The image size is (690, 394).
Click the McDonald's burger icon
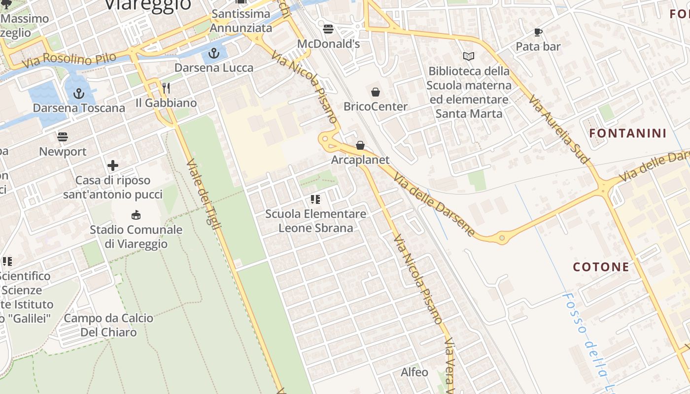(x=328, y=29)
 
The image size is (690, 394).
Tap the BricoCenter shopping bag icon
(x=376, y=92)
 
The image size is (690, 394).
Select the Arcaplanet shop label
(x=360, y=160)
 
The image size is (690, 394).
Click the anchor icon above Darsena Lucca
(x=214, y=53)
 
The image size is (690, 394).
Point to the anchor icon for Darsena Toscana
(x=78, y=93)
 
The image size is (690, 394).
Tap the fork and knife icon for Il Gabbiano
(x=166, y=89)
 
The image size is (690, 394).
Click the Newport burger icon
(x=63, y=136)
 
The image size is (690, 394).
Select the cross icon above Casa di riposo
(x=113, y=165)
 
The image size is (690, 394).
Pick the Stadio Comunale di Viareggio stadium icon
(x=136, y=215)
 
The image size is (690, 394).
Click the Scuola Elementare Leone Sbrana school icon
(x=315, y=199)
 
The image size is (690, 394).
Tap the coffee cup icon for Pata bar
(x=538, y=33)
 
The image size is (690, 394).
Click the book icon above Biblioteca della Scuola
(x=468, y=57)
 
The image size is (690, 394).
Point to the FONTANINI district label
(x=628, y=133)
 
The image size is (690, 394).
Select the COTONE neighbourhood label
(x=601, y=267)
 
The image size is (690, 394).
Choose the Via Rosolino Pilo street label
(x=69, y=60)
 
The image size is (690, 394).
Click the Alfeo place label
(x=414, y=372)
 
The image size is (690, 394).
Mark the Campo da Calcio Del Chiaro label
(x=108, y=325)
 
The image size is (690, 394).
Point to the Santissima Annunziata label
(x=241, y=21)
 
